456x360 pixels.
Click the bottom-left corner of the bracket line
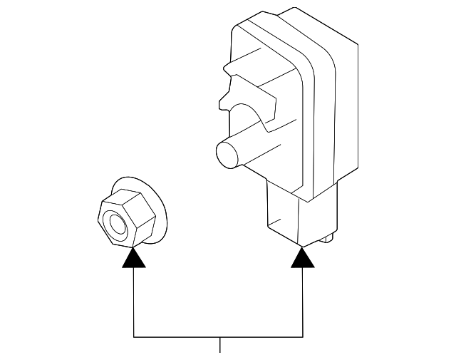(x=134, y=336)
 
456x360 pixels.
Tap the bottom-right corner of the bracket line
(x=304, y=336)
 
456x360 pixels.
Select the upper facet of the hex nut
(x=125, y=200)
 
